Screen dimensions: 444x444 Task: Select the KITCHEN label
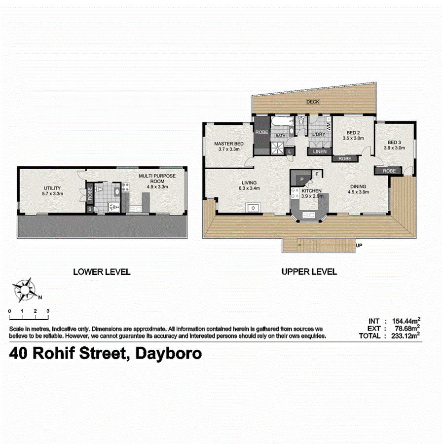coord(311,191)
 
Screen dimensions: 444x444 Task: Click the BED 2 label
coord(352,133)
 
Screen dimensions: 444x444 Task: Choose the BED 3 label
coord(394,142)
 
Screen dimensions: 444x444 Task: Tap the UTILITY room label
coord(52,188)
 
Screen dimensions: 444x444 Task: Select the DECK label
coord(313,102)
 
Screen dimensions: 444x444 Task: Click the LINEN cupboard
coord(319,151)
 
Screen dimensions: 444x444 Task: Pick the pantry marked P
coord(299,178)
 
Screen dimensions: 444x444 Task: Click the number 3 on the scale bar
coord(48,311)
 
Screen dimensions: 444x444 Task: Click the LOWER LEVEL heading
coord(102,272)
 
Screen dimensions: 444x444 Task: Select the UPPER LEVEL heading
coord(309,271)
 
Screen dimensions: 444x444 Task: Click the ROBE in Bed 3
coord(389,171)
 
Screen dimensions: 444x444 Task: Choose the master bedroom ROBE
coord(261,132)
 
